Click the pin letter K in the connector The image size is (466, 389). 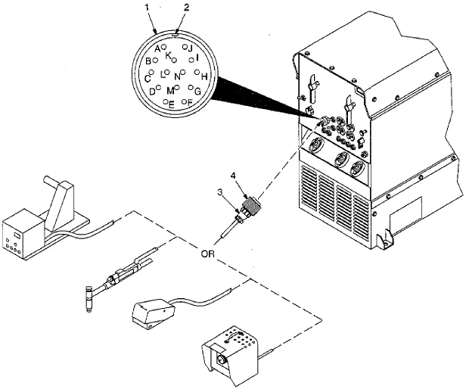pyautogui.click(x=168, y=55)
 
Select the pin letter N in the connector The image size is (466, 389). pyautogui.click(x=177, y=76)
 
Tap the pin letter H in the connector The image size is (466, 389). pyautogui.click(x=204, y=76)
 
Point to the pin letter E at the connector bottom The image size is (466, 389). pyautogui.click(x=171, y=104)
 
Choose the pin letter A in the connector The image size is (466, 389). pyautogui.click(x=157, y=48)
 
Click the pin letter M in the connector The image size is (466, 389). pyautogui.click(x=170, y=90)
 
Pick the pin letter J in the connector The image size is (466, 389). pyautogui.click(x=191, y=48)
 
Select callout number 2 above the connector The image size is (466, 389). pyautogui.click(x=186, y=8)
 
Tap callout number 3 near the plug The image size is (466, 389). pyautogui.click(x=220, y=193)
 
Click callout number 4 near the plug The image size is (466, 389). pyautogui.click(x=233, y=176)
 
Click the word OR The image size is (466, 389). pyautogui.click(x=207, y=254)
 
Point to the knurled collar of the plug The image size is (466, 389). pyautogui.click(x=251, y=204)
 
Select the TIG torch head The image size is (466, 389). pyautogui.click(x=89, y=299)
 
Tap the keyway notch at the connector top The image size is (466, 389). pyautogui.click(x=175, y=34)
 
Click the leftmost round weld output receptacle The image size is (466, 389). pyautogui.click(x=315, y=146)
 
